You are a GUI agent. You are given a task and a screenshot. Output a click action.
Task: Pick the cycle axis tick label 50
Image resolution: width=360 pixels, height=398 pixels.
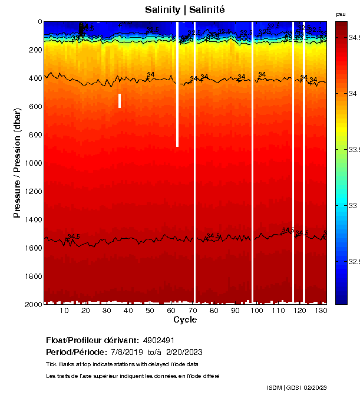tap(150, 311)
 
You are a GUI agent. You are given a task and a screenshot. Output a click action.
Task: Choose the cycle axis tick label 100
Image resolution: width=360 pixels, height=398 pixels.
tap(256, 311)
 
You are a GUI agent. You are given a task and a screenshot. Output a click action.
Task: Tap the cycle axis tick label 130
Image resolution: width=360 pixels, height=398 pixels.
tap(321, 311)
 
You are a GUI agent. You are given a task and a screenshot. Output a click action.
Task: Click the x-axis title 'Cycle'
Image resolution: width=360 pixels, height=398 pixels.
tap(185, 320)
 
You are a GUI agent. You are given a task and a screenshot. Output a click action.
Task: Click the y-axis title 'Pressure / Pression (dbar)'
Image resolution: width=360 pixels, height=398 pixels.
tap(18, 163)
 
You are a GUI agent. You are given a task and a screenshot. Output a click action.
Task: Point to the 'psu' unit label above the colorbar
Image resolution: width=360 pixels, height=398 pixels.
tap(341, 14)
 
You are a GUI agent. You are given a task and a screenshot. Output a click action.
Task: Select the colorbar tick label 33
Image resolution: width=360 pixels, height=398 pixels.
tap(354, 206)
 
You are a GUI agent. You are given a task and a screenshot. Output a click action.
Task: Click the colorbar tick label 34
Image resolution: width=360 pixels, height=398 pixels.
tap(354, 94)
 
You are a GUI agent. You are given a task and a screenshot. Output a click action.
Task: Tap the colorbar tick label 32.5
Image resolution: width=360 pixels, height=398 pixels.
tap(354, 262)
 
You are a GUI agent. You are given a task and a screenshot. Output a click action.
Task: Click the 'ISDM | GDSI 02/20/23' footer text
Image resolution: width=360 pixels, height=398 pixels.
tap(296, 387)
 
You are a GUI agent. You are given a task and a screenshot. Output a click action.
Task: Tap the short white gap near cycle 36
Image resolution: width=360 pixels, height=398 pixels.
tap(120, 101)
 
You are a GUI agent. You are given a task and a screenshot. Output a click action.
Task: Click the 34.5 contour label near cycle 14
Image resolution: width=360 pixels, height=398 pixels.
tap(74, 237)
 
